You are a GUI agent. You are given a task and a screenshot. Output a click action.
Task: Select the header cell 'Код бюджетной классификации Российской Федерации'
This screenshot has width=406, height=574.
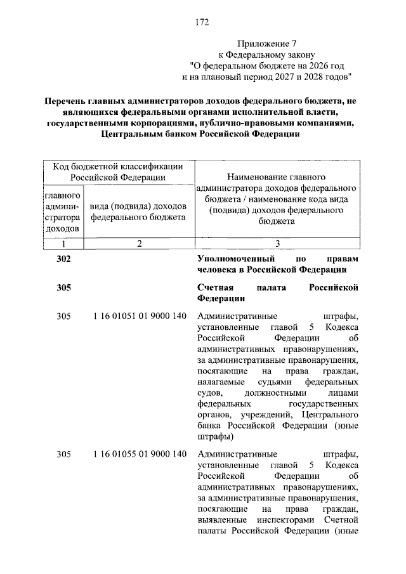(118, 171)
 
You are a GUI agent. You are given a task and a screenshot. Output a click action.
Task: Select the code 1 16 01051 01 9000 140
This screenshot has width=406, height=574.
(139, 316)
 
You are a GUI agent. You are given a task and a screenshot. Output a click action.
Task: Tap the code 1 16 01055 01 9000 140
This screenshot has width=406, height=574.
(139, 454)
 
